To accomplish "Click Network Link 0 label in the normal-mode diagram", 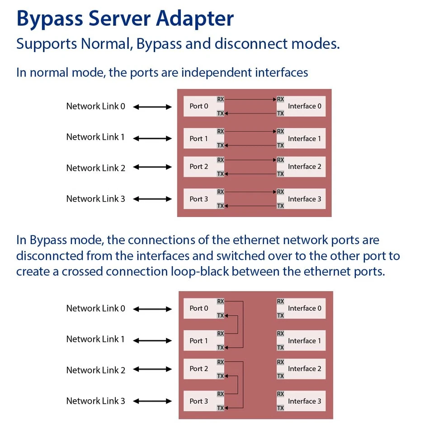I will click(x=95, y=106).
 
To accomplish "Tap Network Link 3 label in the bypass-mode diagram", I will click(x=95, y=401).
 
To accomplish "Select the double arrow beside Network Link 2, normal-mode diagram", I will click(x=153, y=167).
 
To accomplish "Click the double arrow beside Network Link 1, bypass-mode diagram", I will click(x=153, y=340).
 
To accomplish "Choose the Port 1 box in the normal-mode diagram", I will click(x=199, y=138).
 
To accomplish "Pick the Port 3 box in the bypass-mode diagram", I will click(x=199, y=401).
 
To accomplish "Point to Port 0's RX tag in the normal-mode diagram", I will click(x=221, y=99).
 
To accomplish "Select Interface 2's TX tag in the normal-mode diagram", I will click(x=280, y=174).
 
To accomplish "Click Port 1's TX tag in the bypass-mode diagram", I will click(x=221, y=348).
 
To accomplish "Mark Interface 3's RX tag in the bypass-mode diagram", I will click(x=280, y=394).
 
